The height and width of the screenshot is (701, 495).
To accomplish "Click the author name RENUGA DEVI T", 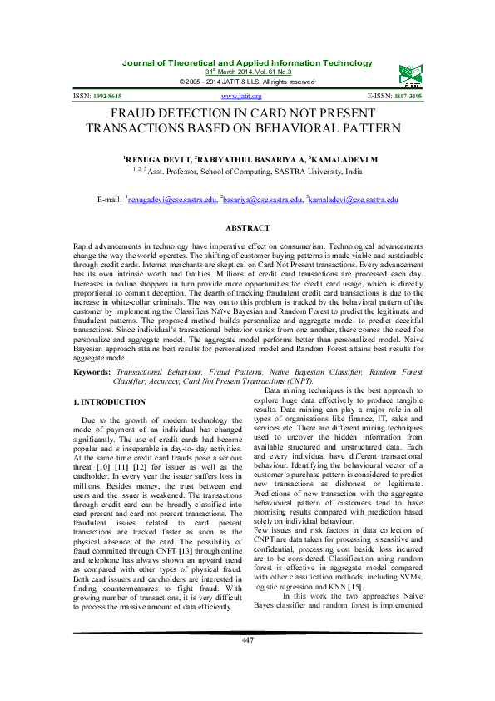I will (x=156, y=157).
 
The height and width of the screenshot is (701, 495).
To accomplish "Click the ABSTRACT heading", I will (x=247, y=228).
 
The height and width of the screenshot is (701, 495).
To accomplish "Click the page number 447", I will (x=247, y=663).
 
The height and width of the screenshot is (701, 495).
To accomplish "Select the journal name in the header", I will (x=247, y=63).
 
